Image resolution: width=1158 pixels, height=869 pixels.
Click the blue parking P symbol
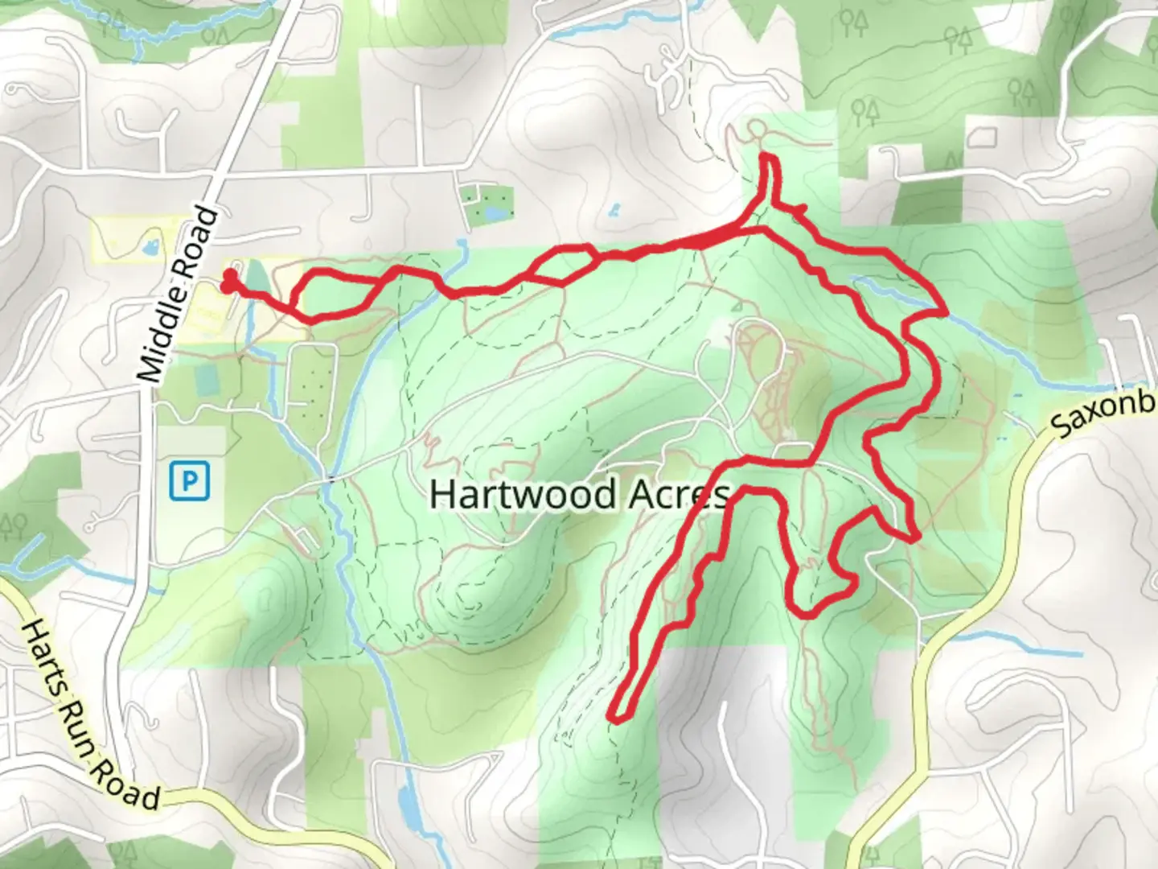pyautogui.click(x=190, y=481)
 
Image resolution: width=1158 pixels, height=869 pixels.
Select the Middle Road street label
pyautogui.click(x=179, y=295)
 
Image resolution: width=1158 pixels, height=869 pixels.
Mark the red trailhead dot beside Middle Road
pyautogui.click(x=230, y=282)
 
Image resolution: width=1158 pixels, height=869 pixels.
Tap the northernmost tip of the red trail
pyautogui.click(x=767, y=156)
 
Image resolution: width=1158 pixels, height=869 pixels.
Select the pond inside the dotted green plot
pyautogui.click(x=488, y=213)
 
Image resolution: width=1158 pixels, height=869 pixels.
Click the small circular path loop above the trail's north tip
pyautogui.click(x=756, y=129)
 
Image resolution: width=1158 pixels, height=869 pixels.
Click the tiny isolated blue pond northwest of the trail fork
pyautogui.click(x=615, y=211)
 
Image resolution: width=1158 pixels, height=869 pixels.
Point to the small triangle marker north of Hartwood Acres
pyautogui.click(x=737, y=306)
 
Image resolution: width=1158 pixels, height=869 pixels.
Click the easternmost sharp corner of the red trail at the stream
pyautogui.click(x=945, y=309)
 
